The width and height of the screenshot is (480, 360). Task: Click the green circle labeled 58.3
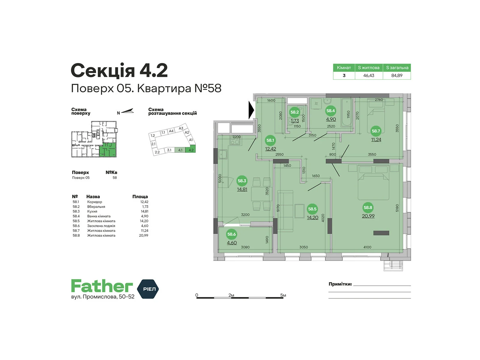pyautogui.click(x=242, y=181)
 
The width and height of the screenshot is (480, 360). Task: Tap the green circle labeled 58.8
pyautogui.click(x=367, y=207)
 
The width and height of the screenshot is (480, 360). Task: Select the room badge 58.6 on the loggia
pyautogui.click(x=231, y=234)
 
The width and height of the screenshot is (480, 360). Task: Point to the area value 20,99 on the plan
pyautogui.click(x=368, y=216)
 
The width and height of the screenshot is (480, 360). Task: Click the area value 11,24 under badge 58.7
pyautogui.click(x=376, y=139)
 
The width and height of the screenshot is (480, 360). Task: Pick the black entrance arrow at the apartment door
pyautogui.click(x=251, y=110)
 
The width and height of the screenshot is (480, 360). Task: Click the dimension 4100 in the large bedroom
pyautogui.click(x=367, y=247)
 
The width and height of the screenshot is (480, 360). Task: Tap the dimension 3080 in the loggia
pyautogui.click(x=245, y=247)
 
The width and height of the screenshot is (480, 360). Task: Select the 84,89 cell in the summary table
pyautogui.click(x=397, y=75)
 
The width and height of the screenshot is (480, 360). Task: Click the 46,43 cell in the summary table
pyautogui.click(x=369, y=75)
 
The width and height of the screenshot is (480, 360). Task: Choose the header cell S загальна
pyautogui.click(x=397, y=67)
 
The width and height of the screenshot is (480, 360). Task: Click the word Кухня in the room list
pyautogui.click(x=92, y=211)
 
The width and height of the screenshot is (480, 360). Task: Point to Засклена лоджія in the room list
pyautogui.click(x=101, y=226)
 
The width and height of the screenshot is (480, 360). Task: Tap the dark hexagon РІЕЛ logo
pyautogui.click(x=148, y=289)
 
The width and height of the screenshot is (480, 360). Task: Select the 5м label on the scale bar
pyautogui.click(x=283, y=295)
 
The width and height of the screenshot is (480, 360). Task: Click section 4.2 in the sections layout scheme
pyautogui.click(x=191, y=150)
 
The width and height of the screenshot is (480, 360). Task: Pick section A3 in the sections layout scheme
pyautogui.click(x=181, y=128)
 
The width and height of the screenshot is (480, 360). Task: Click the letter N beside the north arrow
pyautogui.click(x=118, y=113)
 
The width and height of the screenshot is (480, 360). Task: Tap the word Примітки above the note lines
pyautogui.click(x=340, y=284)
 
